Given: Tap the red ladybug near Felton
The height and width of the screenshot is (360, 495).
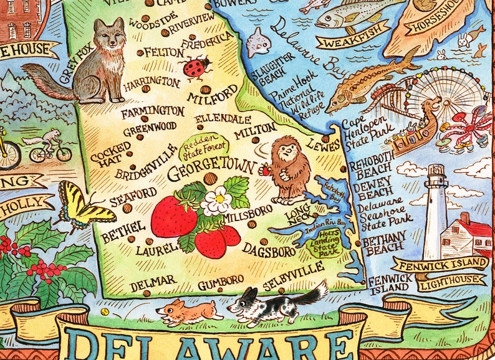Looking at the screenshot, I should pos(196,68).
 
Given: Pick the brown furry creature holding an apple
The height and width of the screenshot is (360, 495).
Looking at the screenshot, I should pos(288,169).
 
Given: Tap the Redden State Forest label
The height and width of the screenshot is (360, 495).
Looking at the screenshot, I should pos(204,148).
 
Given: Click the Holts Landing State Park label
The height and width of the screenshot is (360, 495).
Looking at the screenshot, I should pos(324,246).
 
